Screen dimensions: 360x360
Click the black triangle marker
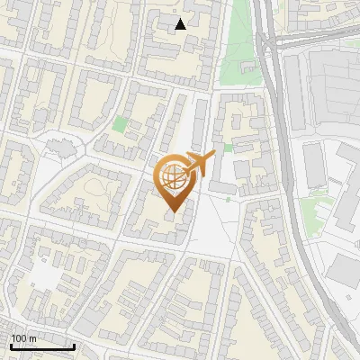tap(181, 24)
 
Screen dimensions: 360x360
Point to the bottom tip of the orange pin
tap(172, 212)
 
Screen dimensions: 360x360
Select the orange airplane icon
tap(200, 163)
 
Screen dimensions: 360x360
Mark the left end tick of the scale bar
tap(10, 346)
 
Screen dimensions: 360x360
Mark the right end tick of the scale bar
tap(74, 346)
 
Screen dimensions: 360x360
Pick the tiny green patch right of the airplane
tap(229, 148)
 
